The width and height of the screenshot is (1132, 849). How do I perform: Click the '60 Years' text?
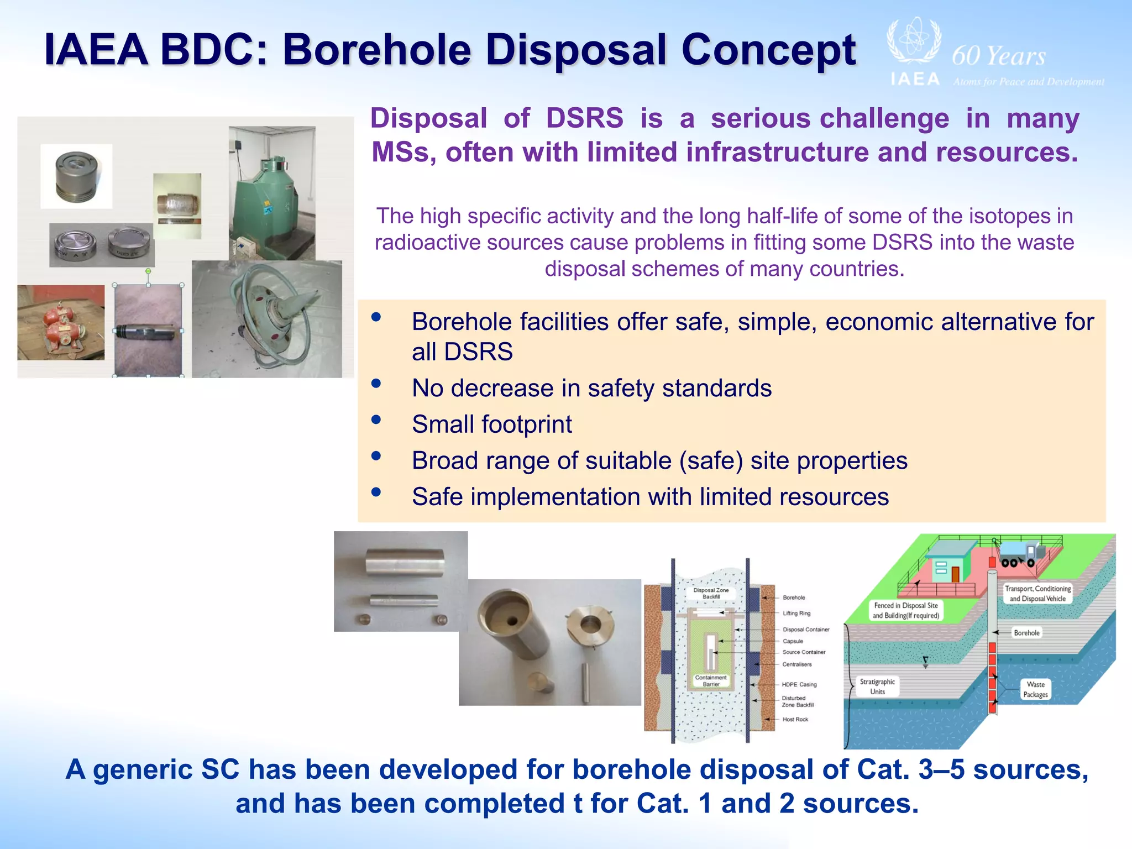pos(998,56)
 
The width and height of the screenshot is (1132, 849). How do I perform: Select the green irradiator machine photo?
pos(272,193)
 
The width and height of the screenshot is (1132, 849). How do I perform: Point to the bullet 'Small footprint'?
pos(491,424)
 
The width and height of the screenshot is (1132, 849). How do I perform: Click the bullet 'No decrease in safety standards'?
pos(591,388)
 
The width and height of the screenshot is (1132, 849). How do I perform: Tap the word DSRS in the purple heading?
pos(584,118)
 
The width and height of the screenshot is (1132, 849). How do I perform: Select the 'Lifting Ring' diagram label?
pos(796,613)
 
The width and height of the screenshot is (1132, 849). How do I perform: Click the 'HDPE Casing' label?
pos(799,684)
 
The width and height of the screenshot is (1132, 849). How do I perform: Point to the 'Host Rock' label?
pos(795,719)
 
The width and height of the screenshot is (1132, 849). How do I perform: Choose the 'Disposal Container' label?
pos(805,630)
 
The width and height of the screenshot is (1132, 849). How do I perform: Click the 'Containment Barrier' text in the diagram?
pos(711,680)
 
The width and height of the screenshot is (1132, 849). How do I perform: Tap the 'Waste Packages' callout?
pos(1035,689)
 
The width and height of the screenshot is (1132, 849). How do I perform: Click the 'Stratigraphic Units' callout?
pos(877,686)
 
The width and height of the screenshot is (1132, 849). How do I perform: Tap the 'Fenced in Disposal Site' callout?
pos(905,610)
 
